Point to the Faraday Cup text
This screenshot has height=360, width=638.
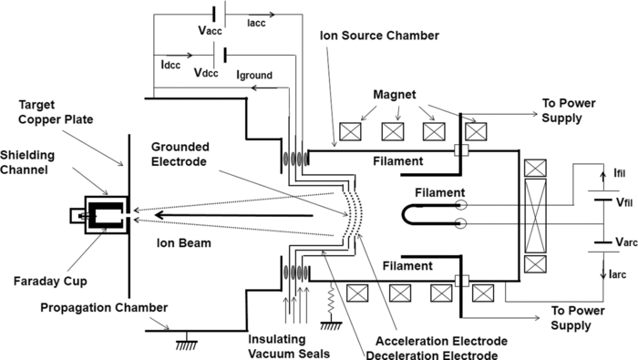pos(46,256)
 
